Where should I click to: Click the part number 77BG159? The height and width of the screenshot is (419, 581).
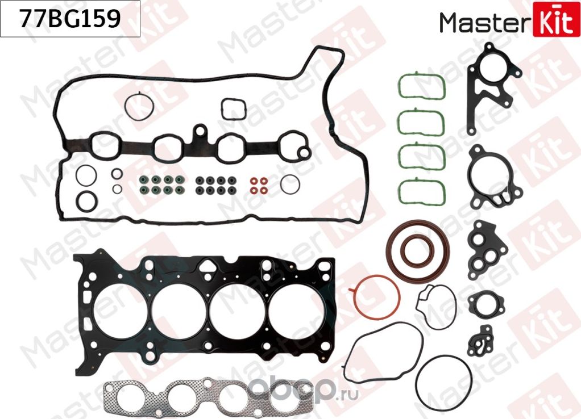[x=70, y=19]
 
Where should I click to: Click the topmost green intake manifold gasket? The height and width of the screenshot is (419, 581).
[x=421, y=86]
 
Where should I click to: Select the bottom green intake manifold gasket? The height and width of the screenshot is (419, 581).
[x=421, y=193]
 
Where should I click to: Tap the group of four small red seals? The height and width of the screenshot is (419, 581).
[x=259, y=185]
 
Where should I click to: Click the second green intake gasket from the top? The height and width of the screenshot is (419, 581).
[x=421, y=121]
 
